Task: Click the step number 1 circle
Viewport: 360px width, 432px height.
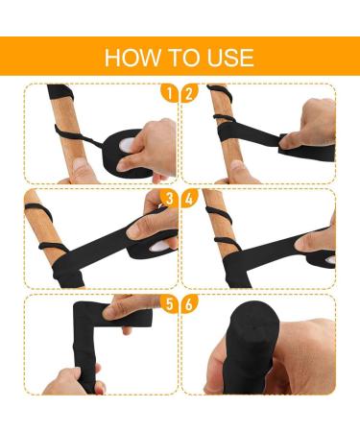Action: tap(169, 93)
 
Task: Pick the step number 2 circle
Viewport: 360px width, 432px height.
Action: tap(189, 93)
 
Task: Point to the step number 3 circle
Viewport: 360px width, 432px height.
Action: tap(169, 199)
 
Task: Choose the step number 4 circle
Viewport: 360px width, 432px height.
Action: tap(189, 199)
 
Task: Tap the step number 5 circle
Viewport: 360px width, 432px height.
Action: tap(169, 304)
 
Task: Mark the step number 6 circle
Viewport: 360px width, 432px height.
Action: tap(189, 304)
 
